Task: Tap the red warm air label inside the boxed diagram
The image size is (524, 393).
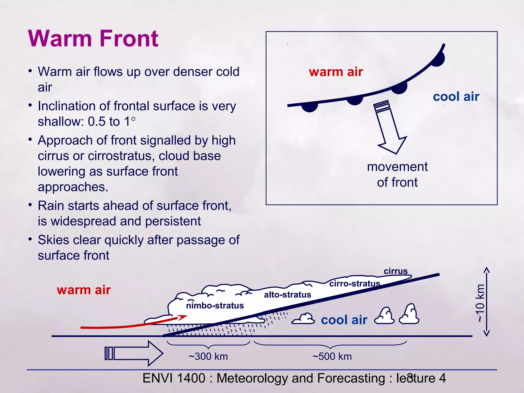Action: coord(336,72)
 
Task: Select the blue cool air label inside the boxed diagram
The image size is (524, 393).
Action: coord(456,97)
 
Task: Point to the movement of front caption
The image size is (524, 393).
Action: coord(397,174)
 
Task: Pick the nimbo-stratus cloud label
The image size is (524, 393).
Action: coord(215,305)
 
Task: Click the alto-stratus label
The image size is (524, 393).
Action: coord(287,295)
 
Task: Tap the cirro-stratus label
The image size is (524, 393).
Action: coord(354,283)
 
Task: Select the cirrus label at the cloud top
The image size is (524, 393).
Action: coord(395,271)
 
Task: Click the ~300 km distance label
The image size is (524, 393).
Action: coord(208,356)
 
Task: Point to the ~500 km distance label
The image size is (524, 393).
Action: coord(332,356)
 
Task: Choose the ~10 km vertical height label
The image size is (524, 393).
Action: coord(480,303)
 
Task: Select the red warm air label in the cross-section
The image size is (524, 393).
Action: coord(84,290)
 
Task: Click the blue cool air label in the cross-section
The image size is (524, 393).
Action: coord(344,320)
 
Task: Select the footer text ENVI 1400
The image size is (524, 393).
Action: coord(174,378)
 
